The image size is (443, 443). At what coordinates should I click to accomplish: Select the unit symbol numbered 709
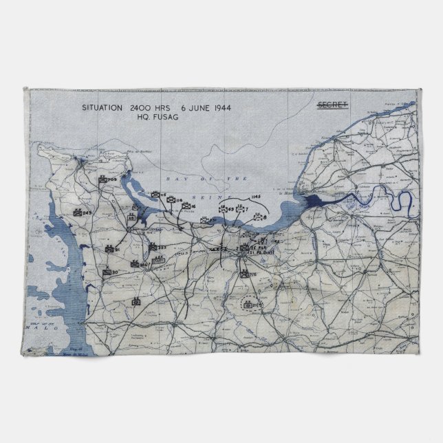[x=104, y=181]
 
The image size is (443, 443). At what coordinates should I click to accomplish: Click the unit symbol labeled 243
[x=78, y=213]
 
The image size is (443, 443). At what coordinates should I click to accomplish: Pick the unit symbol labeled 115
[x=156, y=196]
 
